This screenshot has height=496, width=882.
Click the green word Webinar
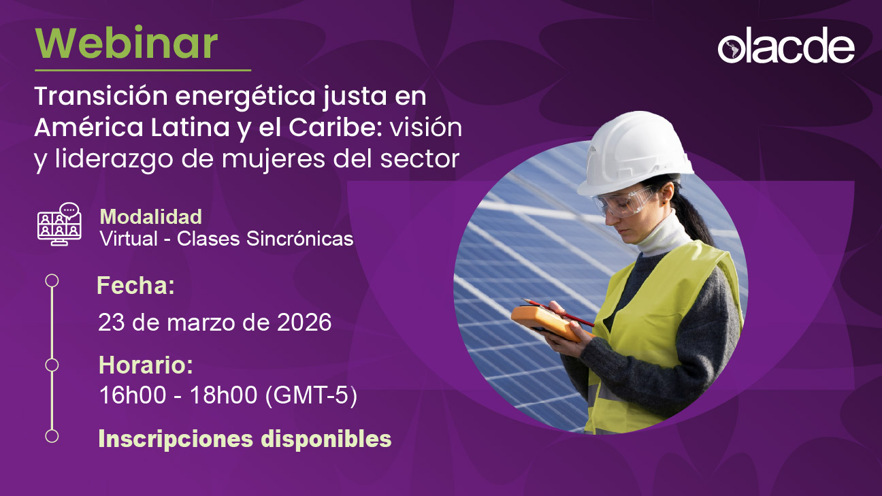tap(127, 43)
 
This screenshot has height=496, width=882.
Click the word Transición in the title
tap(95, 97)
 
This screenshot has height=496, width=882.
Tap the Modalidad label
tap(150, 216)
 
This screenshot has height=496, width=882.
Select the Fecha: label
tap(136, 286)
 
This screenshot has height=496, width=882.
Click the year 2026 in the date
tap(304, 322)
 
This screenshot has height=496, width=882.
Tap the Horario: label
tap(146, 365)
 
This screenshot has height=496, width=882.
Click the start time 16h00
tap(132, 396)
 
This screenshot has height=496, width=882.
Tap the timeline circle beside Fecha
tap(52, 280)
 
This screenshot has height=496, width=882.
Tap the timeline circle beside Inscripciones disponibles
tap(52, 435)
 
